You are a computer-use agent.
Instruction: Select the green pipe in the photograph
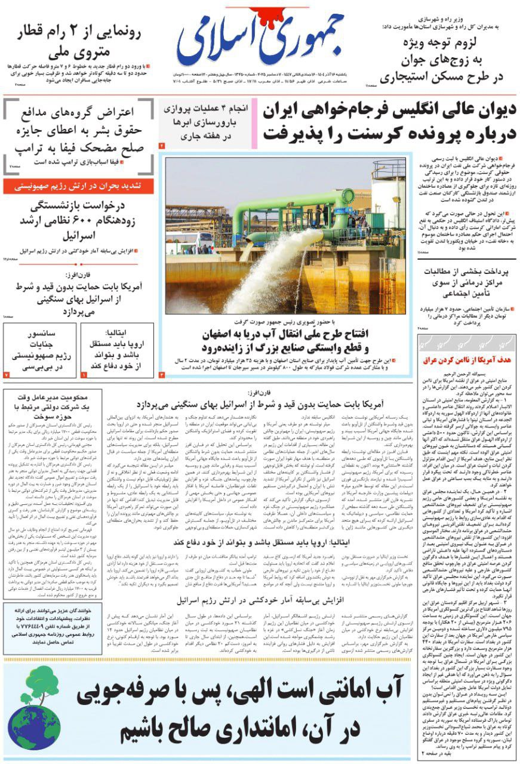pyautogui.click(x=299, y=206)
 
